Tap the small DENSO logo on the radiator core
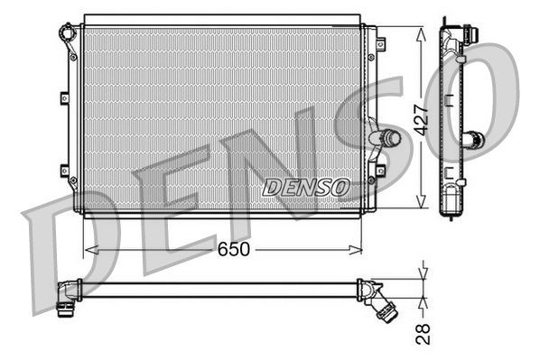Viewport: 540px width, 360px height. pos(305,187)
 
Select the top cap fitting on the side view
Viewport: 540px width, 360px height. pos(466,34)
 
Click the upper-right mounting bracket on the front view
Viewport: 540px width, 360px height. pos(380,42)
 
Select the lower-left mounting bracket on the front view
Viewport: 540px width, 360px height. pos(63,171)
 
